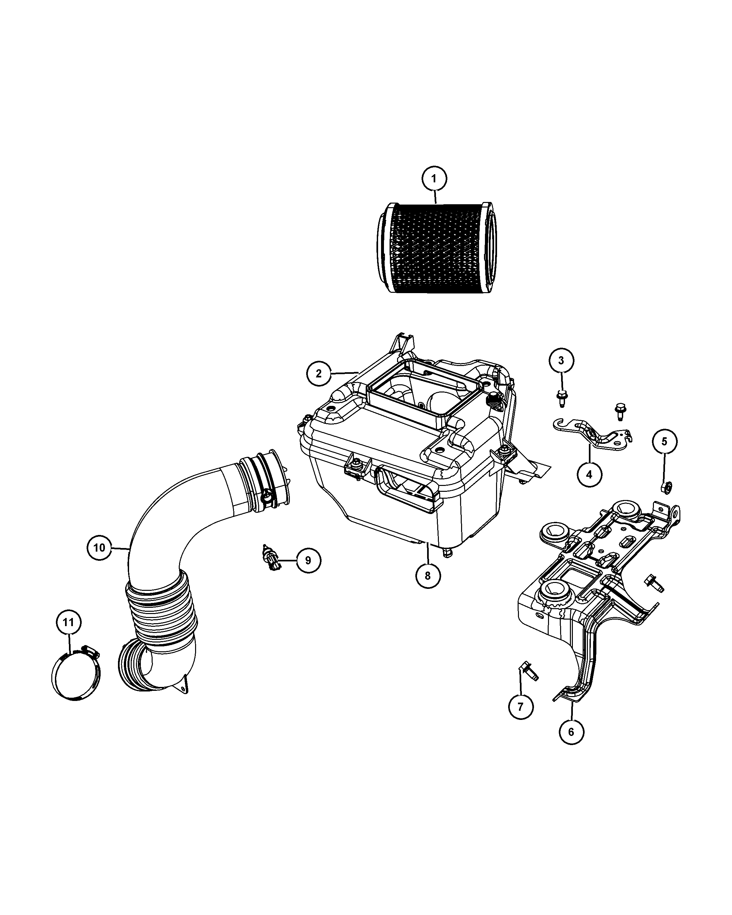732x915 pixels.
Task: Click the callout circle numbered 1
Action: click(434, 179)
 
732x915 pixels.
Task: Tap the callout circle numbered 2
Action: click(319, 373)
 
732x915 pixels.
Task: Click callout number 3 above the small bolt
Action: click(561, 361)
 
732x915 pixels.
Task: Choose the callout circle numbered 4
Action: click(589, 474)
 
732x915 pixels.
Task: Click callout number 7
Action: click(521, 706)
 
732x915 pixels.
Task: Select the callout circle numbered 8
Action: click(428, 575)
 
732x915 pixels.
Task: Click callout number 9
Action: click(308, 560)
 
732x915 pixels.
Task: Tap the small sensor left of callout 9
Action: click(270, 559)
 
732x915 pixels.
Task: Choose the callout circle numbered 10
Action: click(99, 547)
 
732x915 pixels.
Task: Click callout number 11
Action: click(68, 622)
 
